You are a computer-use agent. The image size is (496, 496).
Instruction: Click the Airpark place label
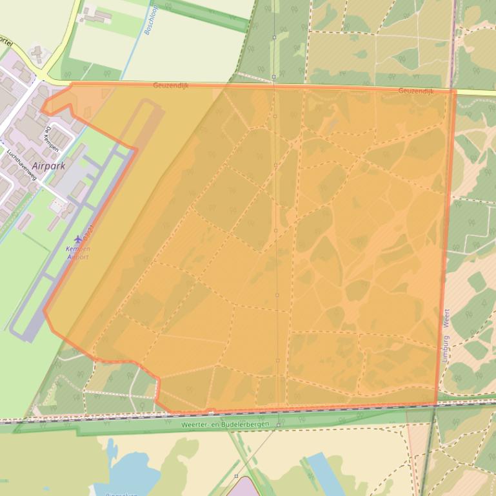point(48,166)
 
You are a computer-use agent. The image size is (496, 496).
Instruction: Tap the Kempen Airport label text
point(78,253)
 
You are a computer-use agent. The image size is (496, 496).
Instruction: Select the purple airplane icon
point(79,240)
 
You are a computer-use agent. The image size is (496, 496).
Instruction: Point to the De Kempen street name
point(52,139)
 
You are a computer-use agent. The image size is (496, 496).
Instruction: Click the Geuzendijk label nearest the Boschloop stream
point(171,85)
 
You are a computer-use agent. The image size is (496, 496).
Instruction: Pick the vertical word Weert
point(446,320)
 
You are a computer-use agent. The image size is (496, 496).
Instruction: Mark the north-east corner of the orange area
point(455,91)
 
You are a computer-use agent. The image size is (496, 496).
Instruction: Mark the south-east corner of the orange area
point(437,405)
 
